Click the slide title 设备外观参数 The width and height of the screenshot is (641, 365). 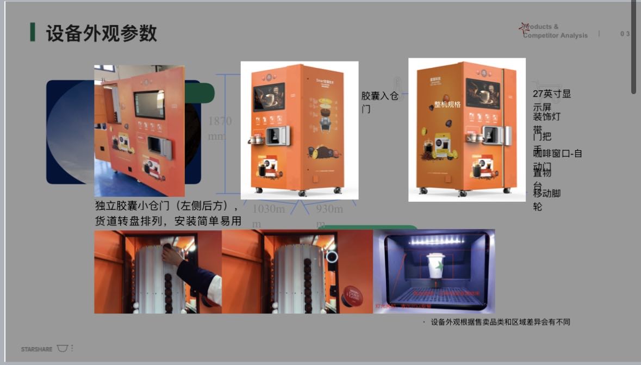click(x=101, y=33)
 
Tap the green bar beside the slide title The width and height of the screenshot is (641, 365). click(x=33, y=32)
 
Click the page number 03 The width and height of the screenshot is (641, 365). click(x=625, y=34)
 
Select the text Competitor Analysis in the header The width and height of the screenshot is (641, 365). click(x=555, y=35)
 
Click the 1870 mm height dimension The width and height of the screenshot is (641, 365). click(x=220, y=127)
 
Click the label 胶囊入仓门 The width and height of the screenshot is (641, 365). click(x=380, y=102)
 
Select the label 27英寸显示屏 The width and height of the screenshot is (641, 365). click(x=551, y=100)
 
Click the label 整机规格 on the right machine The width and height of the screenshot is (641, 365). click(x=447, y=104)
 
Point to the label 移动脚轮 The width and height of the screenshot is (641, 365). click(x=546, y=200)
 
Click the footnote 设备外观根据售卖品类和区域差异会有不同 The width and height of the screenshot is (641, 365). click(x=500, y=322)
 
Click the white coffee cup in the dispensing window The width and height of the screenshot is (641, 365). click(x=436, y=267)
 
